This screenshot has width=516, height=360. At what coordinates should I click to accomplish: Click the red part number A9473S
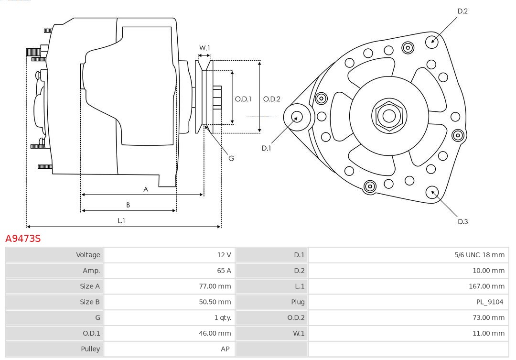(23, 239)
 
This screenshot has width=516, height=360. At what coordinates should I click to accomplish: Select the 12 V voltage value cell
(224, 255)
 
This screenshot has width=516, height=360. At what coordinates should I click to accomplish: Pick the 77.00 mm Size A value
(215, 286)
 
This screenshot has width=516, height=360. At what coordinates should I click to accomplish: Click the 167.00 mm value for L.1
(486, 286)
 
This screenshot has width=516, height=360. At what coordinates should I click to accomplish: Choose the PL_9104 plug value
(490, 302)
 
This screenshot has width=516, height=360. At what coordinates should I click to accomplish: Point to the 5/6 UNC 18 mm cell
(479, 255)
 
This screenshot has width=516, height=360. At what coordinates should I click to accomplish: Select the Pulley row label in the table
(90, 349)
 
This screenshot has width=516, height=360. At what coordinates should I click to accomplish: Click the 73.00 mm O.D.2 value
(488, 317)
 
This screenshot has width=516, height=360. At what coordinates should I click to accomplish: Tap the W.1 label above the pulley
(204, 48)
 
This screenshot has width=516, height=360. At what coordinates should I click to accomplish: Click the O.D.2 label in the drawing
(272, 99)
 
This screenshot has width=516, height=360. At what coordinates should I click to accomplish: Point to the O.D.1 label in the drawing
(243, 99)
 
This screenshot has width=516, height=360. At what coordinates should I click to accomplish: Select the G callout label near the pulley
(231, 158)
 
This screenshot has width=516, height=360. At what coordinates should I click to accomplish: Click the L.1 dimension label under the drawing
(121, 221)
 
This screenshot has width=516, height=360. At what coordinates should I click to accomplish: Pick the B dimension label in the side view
(128, 205)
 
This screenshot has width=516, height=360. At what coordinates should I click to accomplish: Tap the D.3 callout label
(462, 221)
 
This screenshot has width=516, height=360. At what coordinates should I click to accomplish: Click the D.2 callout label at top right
(462, 11)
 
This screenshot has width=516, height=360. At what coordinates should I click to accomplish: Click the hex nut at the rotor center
(389, 116)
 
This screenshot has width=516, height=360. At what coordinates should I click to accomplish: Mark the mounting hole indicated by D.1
(297, 117)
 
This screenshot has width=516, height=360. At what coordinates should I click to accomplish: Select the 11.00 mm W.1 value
(488, 333)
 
